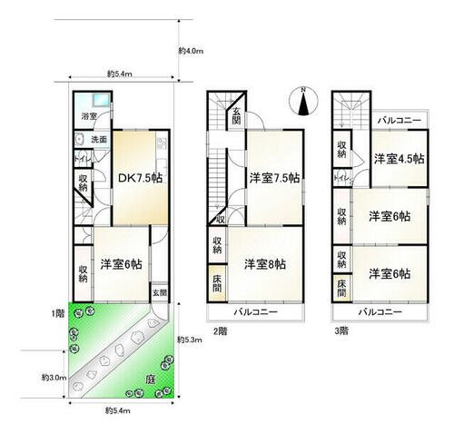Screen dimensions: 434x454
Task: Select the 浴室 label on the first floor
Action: click(90, 116)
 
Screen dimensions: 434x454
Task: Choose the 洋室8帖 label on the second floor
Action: click(265, 264)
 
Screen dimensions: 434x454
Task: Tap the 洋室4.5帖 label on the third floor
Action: click(398, 159)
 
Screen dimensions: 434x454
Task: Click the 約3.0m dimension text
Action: click(52, 376)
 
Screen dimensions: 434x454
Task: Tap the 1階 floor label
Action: click(59, 313)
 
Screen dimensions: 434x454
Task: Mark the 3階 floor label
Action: click(340, 330)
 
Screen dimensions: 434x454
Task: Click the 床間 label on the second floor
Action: click(218, 282)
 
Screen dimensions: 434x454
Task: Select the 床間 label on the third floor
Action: click(341, 290)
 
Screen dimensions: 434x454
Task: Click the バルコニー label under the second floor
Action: click(254, 311)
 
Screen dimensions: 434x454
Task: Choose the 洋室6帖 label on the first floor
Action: click(120, 265)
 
